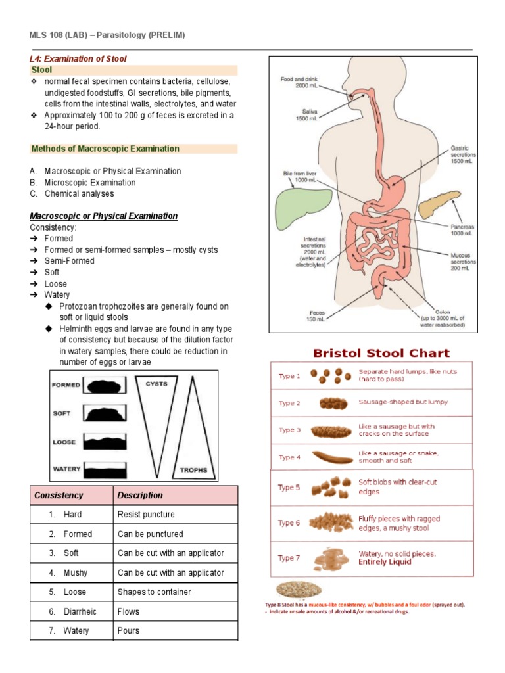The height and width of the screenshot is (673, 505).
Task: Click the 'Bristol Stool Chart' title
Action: [x=381, y=353]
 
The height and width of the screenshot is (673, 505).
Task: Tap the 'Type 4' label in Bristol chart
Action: [x=289, y=457]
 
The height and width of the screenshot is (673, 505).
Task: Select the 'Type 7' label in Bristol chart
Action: [x=289, y=558]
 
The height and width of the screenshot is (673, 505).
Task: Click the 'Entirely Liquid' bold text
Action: [x=385, y=562]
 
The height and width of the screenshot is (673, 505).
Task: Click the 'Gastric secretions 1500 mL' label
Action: [x=460, y=155]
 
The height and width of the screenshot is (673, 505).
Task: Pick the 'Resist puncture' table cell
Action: [x=146, y=515]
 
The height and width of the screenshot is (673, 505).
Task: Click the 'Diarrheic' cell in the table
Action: [x=80, y=611]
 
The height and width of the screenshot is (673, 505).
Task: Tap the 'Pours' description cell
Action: [x=128, y=631]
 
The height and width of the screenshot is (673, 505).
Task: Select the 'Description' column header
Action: [x=140, y=495]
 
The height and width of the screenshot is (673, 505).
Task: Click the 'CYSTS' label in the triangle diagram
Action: [x=156, y=384]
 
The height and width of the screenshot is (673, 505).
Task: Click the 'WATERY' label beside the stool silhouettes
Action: [x=66, y=469]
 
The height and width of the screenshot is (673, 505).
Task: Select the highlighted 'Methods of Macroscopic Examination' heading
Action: [x=105, y=149]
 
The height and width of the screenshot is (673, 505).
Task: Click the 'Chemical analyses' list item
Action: [x=79, y=194]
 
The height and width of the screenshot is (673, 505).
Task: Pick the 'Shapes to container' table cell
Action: [x=154, y=592]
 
